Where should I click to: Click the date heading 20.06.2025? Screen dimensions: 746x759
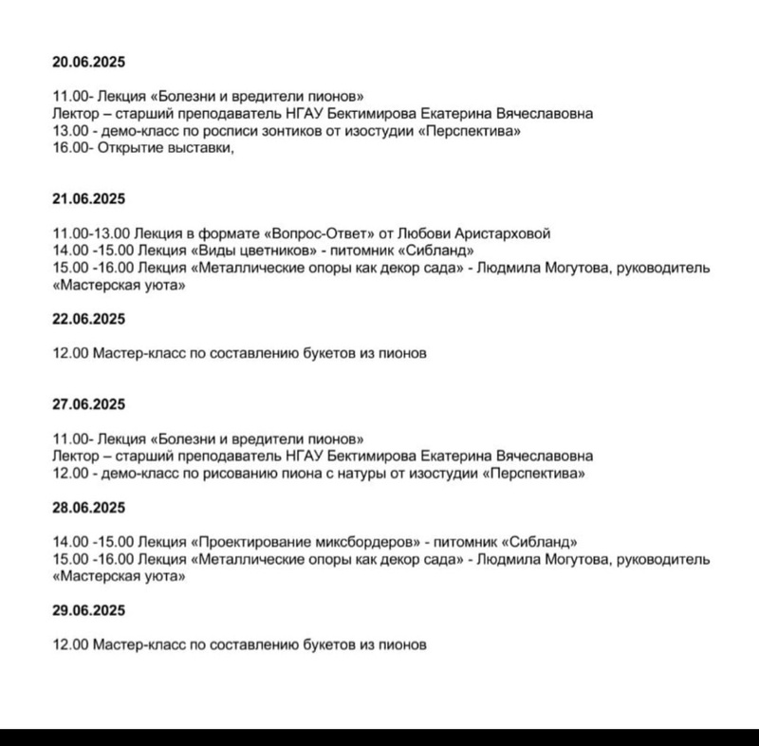pyautogui.click(x=89, y=63)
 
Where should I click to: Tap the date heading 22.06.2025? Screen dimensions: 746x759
pyautogui.click(x=89, y=317)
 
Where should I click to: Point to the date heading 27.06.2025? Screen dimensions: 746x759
pyautogui.click(x=89, y=403)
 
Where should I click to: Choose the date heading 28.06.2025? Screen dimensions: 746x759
pyautogui.click(x=89, y=506)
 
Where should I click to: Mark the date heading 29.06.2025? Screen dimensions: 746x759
pyautogui.click(x=89, y=609)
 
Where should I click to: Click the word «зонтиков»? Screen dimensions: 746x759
pyautogui.click(x=283, y=130)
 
